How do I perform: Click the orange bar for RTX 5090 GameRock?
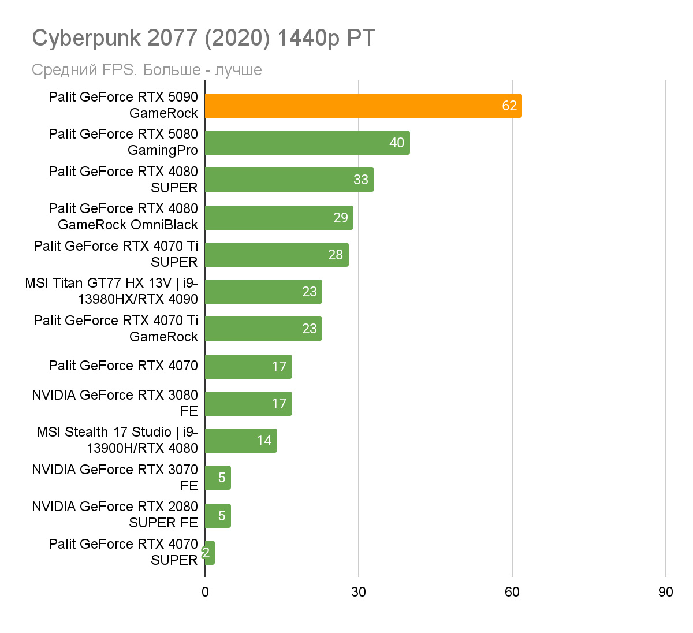click(363, 106)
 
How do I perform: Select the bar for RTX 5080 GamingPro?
click(307, 143)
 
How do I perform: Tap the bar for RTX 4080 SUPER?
click(289, 180)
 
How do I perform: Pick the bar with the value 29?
click(278, 217)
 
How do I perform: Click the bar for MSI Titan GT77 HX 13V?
click(263, 292)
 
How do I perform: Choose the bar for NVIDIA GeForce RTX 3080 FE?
click(248, 404)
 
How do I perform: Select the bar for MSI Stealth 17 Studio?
click(240, 441)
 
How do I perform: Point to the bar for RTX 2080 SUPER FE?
click(218, 515)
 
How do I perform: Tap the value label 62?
click(509, 106)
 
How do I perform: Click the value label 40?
click(397, 143)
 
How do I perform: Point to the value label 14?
click(264, 441)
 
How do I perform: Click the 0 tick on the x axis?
click(205, 592)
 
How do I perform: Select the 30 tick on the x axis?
click(359, 592)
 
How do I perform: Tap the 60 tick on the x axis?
click(512, 592)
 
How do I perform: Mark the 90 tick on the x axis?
click(665, 592)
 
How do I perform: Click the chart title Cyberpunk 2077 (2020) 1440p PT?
click(204, 38)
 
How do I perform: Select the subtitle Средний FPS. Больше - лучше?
click(147, 70)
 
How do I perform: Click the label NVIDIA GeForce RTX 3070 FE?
click(115, 477)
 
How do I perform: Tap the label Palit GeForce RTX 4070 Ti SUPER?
click(115, 254)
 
